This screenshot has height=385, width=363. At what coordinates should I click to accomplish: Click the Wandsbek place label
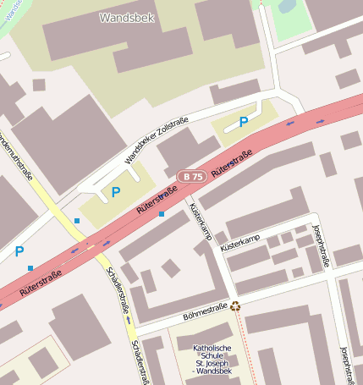[127, 17]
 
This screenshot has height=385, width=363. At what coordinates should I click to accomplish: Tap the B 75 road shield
[192, 176]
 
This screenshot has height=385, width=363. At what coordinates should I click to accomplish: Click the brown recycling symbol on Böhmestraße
[235, 306]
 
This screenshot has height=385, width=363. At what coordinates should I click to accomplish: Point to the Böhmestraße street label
[205, 311]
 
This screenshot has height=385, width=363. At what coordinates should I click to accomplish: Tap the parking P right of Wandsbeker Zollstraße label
[244, 122]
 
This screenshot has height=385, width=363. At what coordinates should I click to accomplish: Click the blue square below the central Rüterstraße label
[162, 214]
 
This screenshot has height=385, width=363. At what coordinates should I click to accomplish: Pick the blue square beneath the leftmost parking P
[30, 268]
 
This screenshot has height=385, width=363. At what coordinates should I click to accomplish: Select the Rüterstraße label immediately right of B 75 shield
[232, 162]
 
